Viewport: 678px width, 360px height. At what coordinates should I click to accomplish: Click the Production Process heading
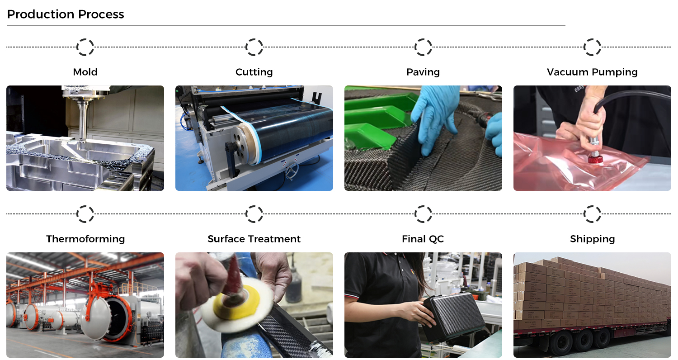[66, 14]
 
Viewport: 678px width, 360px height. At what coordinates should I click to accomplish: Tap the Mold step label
[85, 72]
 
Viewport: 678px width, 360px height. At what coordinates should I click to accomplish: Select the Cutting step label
[254, 72]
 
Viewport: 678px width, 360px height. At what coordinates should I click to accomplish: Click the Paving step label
[423, 72]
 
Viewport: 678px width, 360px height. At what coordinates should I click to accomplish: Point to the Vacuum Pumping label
[592, 72]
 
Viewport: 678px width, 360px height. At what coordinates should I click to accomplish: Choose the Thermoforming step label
[85, 239]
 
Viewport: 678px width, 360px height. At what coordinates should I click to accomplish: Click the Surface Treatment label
[254, 239]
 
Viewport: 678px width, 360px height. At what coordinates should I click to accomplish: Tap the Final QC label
[423, 239]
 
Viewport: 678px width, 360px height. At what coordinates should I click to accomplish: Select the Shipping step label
[592, 239]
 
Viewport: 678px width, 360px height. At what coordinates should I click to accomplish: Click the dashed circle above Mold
[77, 47]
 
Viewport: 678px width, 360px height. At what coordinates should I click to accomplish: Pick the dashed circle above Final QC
[415, 214]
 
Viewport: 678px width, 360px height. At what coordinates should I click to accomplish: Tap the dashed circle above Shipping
[584, 214]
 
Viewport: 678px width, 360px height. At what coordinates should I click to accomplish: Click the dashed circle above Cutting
[246, 47]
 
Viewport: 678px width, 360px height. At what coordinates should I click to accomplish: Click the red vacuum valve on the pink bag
[595, 158]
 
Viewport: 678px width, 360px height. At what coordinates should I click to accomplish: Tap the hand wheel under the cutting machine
[292, 171]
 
